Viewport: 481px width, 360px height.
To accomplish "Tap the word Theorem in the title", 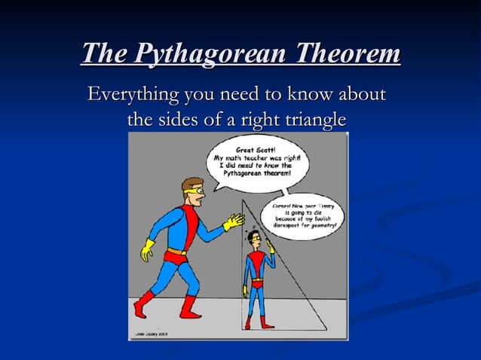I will pos(348,54).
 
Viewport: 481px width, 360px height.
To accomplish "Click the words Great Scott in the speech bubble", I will pos(250,149).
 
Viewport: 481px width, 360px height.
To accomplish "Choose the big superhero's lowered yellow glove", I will pos(146,249).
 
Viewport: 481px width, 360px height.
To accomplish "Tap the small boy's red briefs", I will pos(257,285).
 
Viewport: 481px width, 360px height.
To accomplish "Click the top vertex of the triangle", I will pos(241,200).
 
